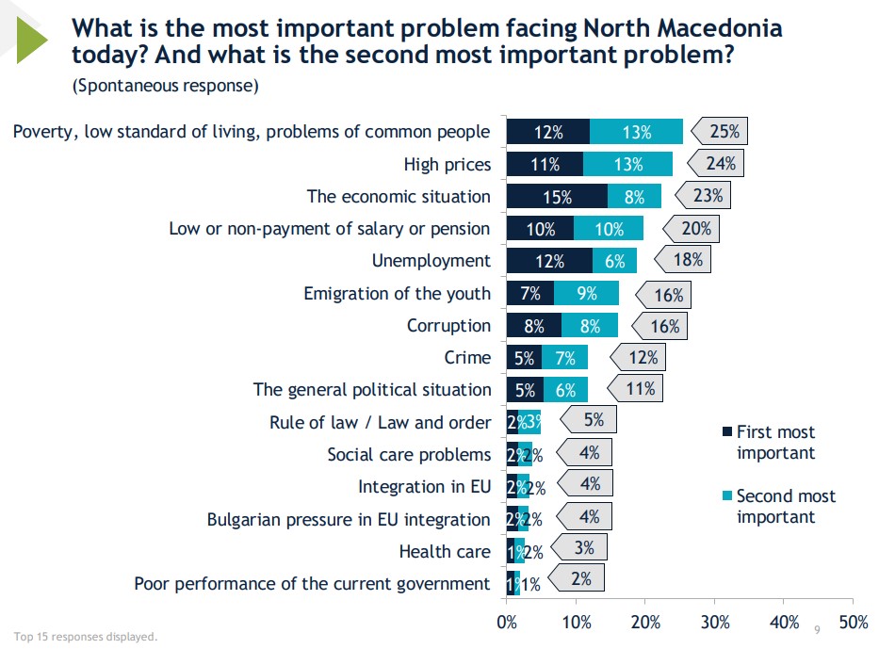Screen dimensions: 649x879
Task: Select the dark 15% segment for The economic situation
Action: click(x=557, y=196)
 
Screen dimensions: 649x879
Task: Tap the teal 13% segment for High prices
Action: click(x=627, y=164)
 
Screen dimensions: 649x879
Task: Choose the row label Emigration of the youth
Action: click(x=397, y=293)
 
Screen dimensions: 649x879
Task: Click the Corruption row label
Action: click(x=448, y=325)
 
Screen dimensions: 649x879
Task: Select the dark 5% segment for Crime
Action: click(x=524, y=357)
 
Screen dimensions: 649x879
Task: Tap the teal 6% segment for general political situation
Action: click(x=565, y=389)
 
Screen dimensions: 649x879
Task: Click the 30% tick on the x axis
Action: click(x=714, y=622)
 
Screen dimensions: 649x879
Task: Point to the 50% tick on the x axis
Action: click(x=852, y=622)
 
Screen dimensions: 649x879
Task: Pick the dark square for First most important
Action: click(x=726, y=432)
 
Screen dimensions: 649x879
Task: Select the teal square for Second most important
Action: click(x=726, y=496)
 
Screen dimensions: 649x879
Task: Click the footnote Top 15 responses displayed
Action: click(x=85, y=636)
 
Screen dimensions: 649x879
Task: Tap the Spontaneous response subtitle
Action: click(x=165, y=87)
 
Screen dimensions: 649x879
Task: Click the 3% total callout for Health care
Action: click(x=583, y=547)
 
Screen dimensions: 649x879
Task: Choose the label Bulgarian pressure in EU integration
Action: click(x=349, y=519)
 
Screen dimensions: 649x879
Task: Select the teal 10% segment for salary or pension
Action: click(x=609, y=228)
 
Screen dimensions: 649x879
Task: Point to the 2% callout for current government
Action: click(x=580, y=579)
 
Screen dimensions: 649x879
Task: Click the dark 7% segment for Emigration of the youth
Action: click(x=529, y=293)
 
